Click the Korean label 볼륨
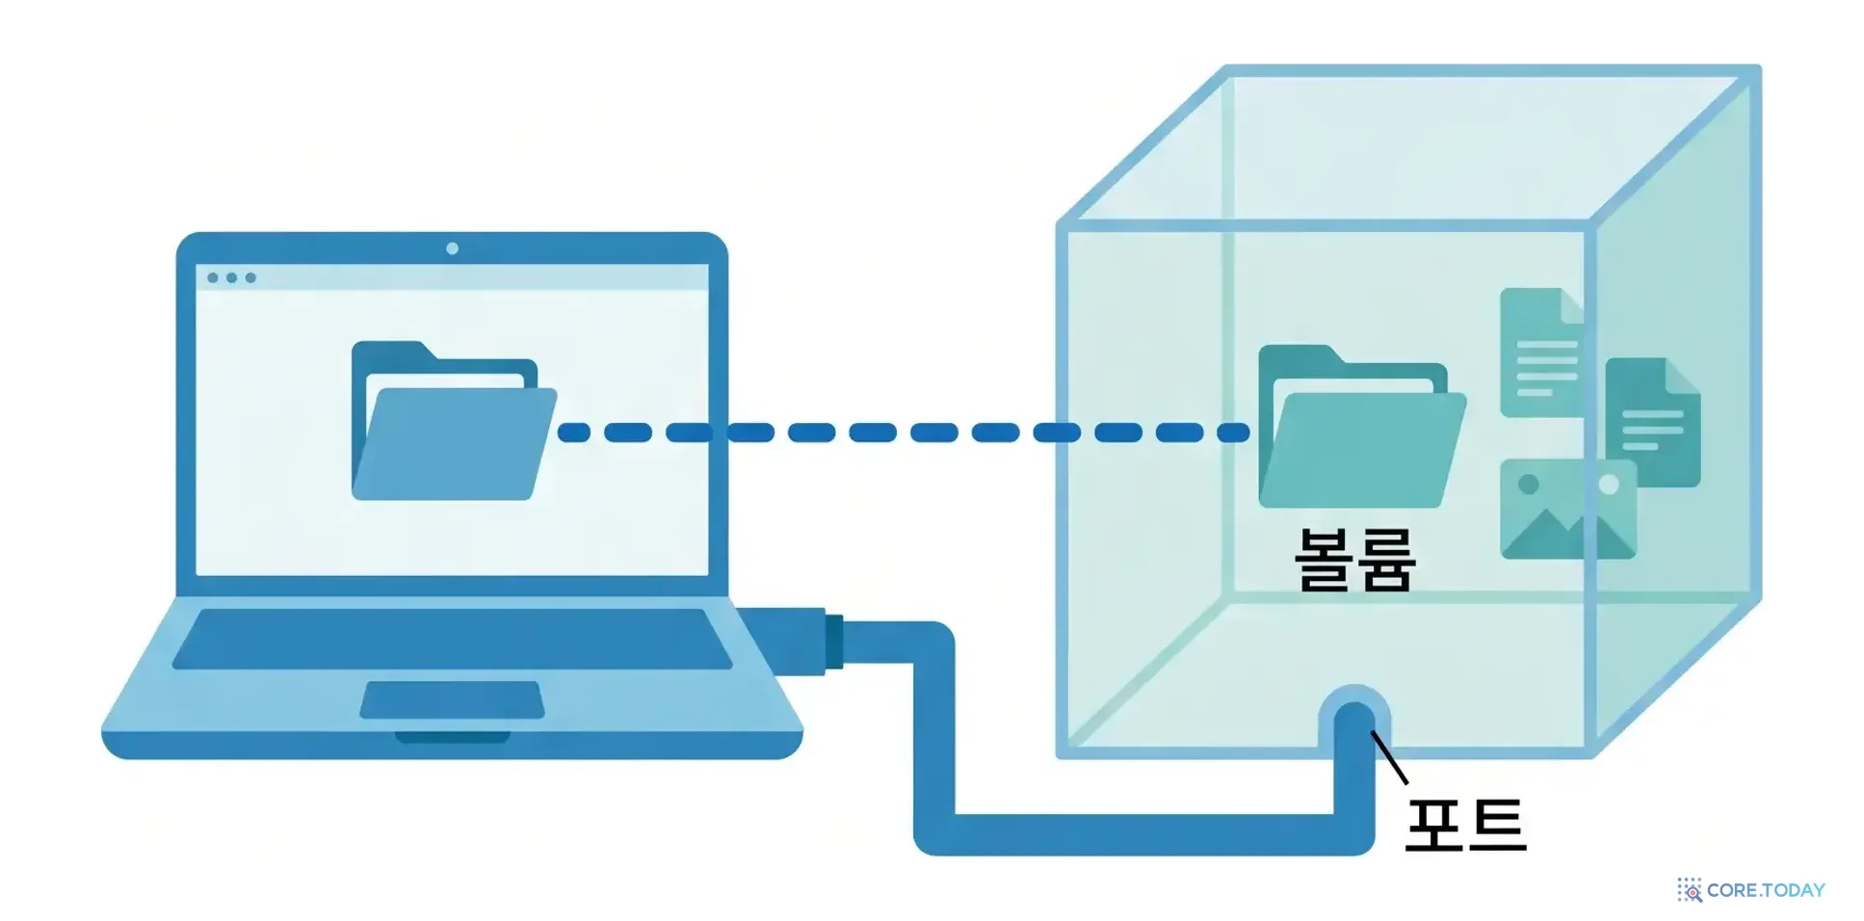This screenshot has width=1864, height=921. [1354, 560]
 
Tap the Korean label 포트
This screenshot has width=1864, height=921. [1465, 825]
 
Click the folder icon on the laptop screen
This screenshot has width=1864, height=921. [454, 421]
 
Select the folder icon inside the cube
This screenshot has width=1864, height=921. [1361, 427]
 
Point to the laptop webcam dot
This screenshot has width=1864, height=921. [452, 249]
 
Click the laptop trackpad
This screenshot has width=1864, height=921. [452, 699]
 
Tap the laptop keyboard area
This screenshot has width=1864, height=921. [452, 639]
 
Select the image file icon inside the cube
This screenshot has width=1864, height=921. [1568, 510]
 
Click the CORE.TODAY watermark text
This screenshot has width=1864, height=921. [1766, 890]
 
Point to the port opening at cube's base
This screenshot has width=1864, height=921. [1354, 718]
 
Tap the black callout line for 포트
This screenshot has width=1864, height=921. [1389, 757]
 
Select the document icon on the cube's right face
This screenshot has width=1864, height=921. [1653, 422]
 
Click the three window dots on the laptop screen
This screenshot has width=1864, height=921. [231, 277]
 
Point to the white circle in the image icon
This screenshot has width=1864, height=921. [1609, 485]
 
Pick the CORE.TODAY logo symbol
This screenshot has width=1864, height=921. [1689, 889]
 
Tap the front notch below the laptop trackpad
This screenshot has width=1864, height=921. [452, 737]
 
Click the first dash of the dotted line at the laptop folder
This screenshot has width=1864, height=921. [574, 433]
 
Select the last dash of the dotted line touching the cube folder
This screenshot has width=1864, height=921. [1234, 433]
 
